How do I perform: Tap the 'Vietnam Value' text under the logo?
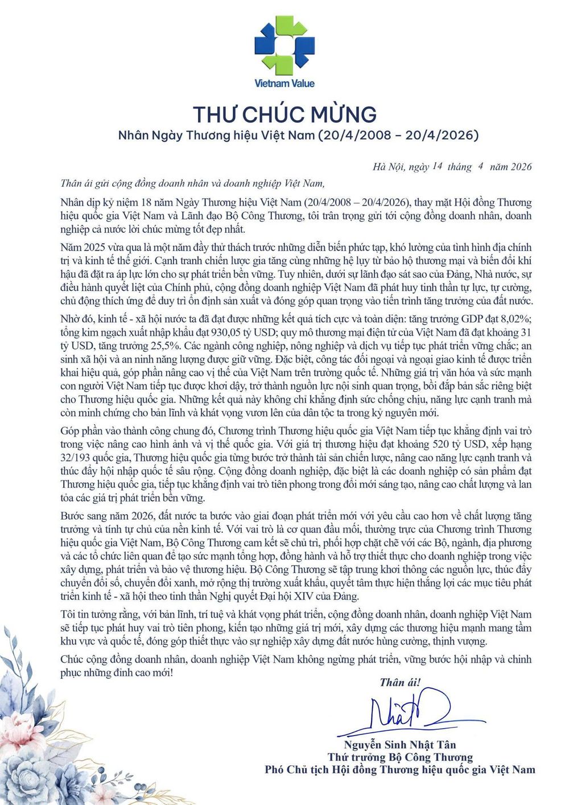(284, 84)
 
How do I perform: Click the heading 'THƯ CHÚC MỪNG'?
(284, 114)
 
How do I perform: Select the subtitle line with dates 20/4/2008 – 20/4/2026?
(298, 135)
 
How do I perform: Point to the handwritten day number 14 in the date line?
(437, 166)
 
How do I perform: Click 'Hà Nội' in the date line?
(388, 167)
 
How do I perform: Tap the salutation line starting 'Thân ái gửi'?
(192, 183)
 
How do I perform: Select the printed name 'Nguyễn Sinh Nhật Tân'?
(400, 745)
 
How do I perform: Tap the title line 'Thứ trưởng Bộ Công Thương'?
(400, 757)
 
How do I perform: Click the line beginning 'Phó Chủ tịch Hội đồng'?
(400, 770)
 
